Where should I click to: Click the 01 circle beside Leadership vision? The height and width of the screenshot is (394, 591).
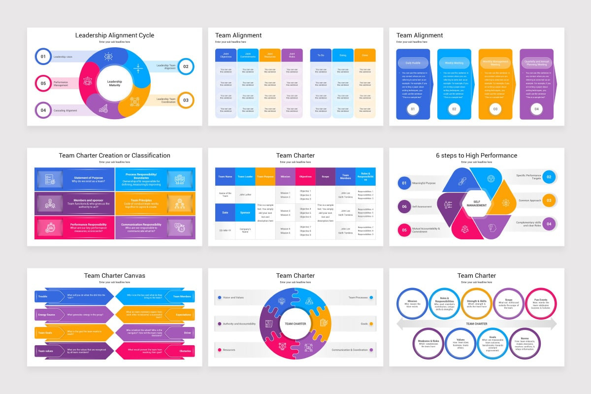pyautogui.click(x=43, y=57)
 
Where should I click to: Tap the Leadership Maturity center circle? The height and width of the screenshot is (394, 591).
pyautogui.click(x=115, y=83)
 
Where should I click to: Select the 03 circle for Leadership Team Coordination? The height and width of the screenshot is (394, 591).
pyautogui.click(x=186, y=100)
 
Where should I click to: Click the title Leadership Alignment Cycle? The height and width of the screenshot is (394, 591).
pyautogui.click(x=114, y=35)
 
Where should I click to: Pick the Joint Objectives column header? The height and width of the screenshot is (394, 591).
pyautogui.click(x=226, y=55)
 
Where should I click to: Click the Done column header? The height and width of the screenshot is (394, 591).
pyautogui.click(x=364, y=55)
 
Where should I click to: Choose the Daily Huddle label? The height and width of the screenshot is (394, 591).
pyautogui.click(x=413, y=63)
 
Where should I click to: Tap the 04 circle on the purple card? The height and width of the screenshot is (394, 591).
pyautogui.click(x=536, y=109)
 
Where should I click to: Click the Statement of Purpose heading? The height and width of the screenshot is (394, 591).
pyautogui.click(x=89, y=178)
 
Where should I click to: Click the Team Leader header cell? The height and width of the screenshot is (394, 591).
pyautogui.click(x=245, y=176)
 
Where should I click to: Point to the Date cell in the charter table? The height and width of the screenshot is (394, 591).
pyautogui.click(x=225, y=212)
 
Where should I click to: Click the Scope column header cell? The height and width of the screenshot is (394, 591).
pyautogui.click(x=325, y=176)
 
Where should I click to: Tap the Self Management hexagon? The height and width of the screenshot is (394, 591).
pyautogui.click(x=476, y=203)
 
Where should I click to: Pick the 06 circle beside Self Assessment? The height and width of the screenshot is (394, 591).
pyautogui.click(x=404, y=206)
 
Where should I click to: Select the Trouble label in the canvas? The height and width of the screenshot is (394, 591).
pyautogui.click(x=43, y=296)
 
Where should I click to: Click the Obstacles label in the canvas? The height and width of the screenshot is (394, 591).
pyautogui.click(x=185, y=351)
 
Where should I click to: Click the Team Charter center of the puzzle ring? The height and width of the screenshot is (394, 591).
pyautogui.click(x=295, y=324)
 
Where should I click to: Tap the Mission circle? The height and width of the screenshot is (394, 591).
pyautogui.click(x=412, y=303)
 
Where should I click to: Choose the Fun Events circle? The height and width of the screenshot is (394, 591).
pyautogui.click(x=541, y=303)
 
